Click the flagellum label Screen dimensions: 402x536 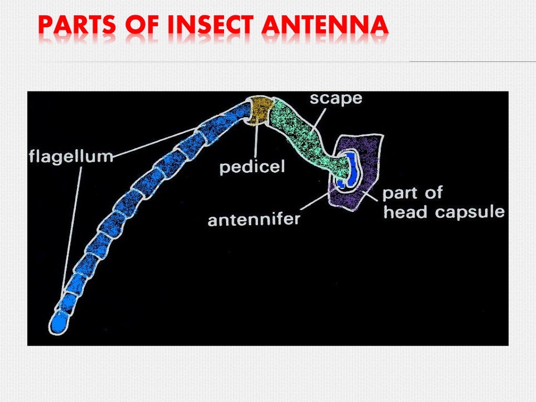(x=70, y=156)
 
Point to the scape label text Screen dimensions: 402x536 (x=336, y=98)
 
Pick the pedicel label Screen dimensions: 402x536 (x=252, y=167)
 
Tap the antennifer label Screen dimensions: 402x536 (x=254, y=218)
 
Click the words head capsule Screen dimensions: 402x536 (x=444, y=212)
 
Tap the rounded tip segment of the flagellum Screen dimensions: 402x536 (x=59, y=321)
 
